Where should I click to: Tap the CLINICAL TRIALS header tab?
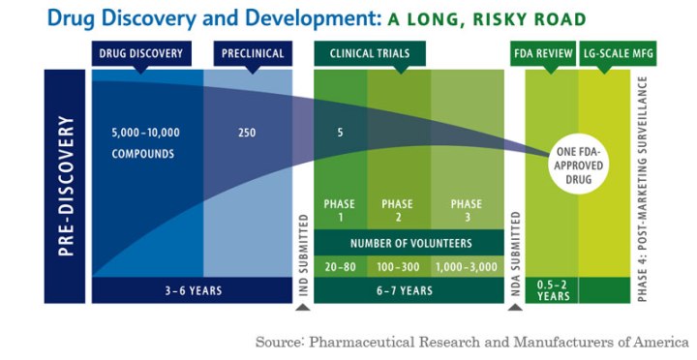pyautogui.click(x=370, y=54)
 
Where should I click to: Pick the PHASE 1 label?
pyautogui.click(x=340, y=210)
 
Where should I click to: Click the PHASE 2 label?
pyautogui.click(x=397, y=210)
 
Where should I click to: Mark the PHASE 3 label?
pyautogui.click(x=466, y=210)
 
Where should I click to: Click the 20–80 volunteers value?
pyautogui.click(x=340, y=264)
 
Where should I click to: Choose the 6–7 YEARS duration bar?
pyautogui.click(x=404, y=289)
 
